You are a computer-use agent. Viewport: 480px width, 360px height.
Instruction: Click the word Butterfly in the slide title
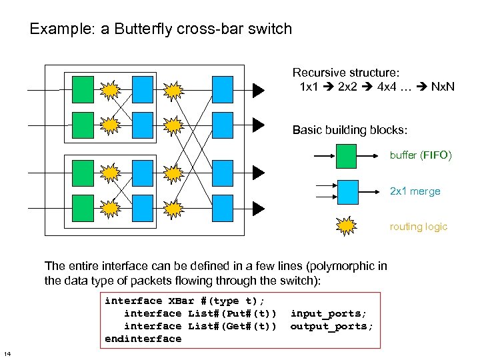tap(146, 29)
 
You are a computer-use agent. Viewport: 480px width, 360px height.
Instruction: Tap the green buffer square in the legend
tap(346, 155)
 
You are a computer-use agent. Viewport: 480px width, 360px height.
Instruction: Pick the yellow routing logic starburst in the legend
tap(347, 227)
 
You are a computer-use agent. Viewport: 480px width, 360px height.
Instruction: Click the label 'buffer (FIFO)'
tap(421, 155)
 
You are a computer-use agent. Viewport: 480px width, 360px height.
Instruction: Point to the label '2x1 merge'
tap(415, 191)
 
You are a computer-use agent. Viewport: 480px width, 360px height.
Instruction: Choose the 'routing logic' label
tap(418, 227)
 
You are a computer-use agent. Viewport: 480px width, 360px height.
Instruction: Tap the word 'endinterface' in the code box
tap(143, 339)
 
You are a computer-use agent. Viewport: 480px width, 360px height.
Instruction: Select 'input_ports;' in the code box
tap(329, 313)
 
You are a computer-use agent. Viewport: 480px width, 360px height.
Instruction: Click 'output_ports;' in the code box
tap(332, 326)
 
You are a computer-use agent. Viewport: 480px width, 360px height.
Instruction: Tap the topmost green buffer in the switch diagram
tap(83, 88)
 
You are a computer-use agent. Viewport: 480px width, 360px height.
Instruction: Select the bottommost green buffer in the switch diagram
tap(83, 206)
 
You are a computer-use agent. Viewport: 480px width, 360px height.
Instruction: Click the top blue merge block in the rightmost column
tap(222, 88)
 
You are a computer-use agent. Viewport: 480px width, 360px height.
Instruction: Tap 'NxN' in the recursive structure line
tap(443, 87)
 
